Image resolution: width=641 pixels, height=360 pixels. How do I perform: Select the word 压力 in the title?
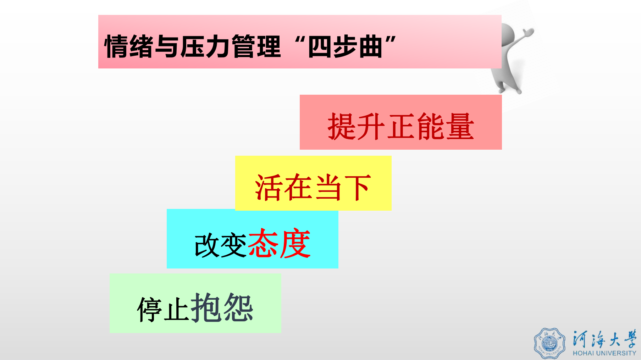205,46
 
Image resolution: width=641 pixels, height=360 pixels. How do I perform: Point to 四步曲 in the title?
345,46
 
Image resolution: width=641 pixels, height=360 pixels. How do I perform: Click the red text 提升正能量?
401,126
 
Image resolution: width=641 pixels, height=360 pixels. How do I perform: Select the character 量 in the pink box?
460,126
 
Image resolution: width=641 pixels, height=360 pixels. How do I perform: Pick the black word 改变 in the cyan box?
220,245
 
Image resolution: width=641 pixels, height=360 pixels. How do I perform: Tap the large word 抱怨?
222,308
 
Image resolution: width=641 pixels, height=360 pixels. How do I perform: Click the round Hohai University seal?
549,343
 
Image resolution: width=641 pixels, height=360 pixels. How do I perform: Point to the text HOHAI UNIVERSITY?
604,353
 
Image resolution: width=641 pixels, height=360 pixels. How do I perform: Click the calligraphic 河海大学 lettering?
604,339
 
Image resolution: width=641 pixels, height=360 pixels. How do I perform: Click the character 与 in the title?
167,46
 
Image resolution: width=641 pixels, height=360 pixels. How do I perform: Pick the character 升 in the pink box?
371,126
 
